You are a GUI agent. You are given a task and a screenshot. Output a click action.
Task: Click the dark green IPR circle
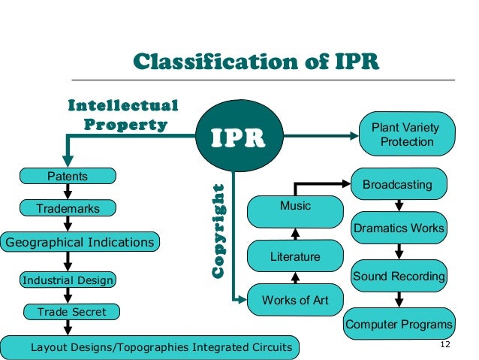(x=236, y=136)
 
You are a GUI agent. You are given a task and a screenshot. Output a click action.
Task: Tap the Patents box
(x=68, y=177)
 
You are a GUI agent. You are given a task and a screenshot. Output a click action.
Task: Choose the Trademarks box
(x=68, y=208)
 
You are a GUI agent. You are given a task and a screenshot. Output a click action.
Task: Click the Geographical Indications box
(x=80, y=242)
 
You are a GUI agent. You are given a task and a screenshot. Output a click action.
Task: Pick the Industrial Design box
(x=68, y=280)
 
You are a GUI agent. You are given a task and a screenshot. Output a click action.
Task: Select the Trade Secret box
(x=71, y=311)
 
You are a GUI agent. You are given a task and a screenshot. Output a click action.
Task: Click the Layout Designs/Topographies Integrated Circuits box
(x=150, y=347)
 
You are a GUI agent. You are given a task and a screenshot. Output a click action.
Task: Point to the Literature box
(x=295, y=256)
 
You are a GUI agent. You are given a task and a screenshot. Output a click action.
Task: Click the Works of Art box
(x=295, y=301)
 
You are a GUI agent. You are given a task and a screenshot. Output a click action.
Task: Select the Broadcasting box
(x=397, y=184)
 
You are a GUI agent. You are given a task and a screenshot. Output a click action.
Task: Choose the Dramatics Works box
(x=399, y=228)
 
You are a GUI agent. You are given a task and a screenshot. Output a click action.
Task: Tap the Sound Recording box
(x=399, y=276)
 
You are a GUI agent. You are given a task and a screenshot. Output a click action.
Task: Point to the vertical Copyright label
(x=219, y=230)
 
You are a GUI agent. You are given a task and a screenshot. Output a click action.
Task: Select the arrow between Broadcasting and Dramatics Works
(x=399, y=205)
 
